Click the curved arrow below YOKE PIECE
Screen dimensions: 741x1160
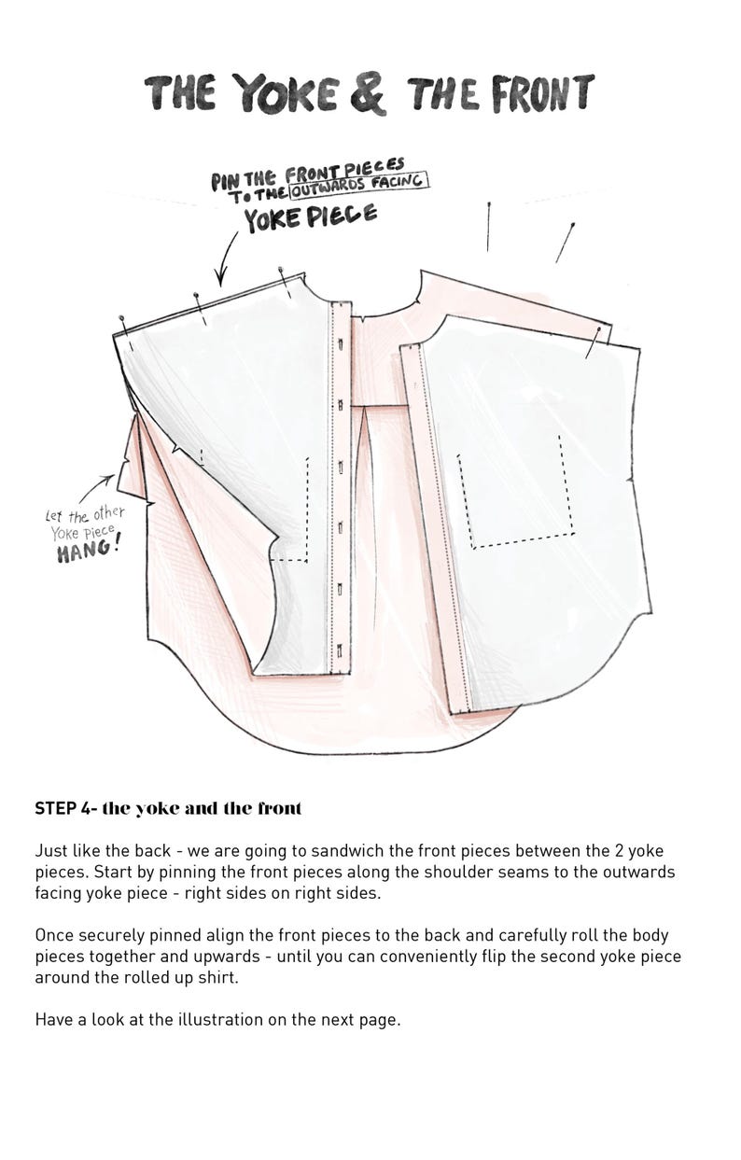[224, 258]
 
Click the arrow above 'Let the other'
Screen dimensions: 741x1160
[97, 487]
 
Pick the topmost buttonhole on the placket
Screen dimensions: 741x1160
[341, 343]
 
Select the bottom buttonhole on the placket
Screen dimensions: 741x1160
[340, 649]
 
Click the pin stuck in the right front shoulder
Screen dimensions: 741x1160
[592, 342]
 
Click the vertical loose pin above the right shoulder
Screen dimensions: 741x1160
[488, 227]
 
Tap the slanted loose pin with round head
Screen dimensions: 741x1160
[565, 243]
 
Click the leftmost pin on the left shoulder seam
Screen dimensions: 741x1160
[126, 334]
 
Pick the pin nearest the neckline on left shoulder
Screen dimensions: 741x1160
[285, 282]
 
